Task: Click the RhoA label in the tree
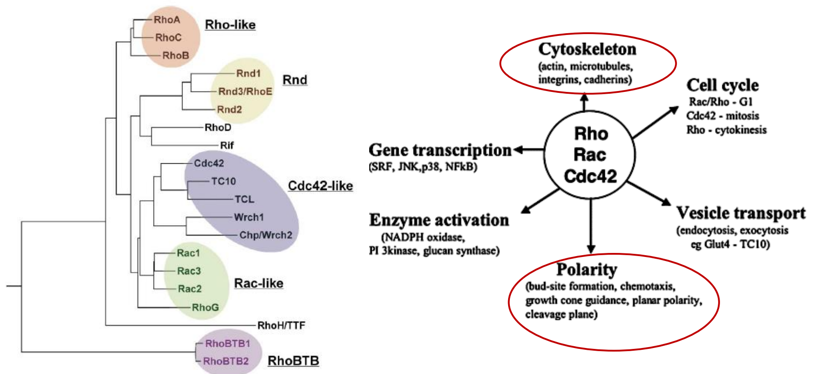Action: pyautogui.click(x=167, y=20)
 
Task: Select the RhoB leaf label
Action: pyautogui.click(x=176, y=56)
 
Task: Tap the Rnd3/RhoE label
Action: pyautogui.click(x=245, y=91)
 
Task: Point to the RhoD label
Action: pyautogui.click(x=218, y=127)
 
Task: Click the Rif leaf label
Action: pyautogui.click(x=227, y=145)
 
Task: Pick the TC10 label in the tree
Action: pyautogui.click(x=224, y=181)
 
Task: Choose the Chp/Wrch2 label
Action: pyautogui.click(x=266, y=235)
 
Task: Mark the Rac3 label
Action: pyautogui.click(x=189, y=271)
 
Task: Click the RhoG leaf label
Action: pyautogui.click(x=205, y=307)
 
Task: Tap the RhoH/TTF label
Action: pyautogui.click(x=281, y=326)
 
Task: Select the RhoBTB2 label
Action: pyautogui.click(x=225, y=361)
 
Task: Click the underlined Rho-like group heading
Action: pyautogui.click(x=230, y=25)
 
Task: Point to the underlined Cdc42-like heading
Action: pyautogui.click(x=320, y=186)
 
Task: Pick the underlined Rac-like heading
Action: pyautogui.click(x=259, y=283)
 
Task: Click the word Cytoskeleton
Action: pyautogui.click(x=587, y=49)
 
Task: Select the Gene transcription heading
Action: pyautogui.click(x=440, y=150)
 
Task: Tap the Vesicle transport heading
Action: pyautogui.click(x=741, y=213)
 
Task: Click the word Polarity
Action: pyautogui.click(x=586, y=269)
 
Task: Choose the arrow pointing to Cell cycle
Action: pyautogui.click(x=655, y=122)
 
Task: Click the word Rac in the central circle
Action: pyautogui.click(x=590, y=155)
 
